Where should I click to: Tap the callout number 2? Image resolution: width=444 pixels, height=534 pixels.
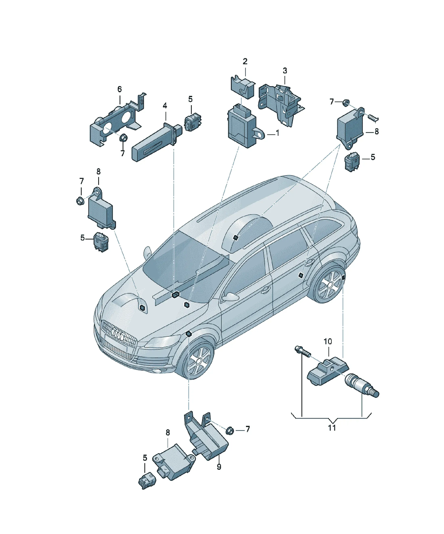pos(245,61)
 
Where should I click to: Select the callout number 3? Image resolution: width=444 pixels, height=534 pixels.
pos(285,71)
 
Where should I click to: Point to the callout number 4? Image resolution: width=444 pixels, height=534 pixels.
pos(165,106)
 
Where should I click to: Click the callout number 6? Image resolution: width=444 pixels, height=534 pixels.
pos(119,89)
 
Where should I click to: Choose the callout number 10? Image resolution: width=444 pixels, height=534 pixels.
pos(328,341)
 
